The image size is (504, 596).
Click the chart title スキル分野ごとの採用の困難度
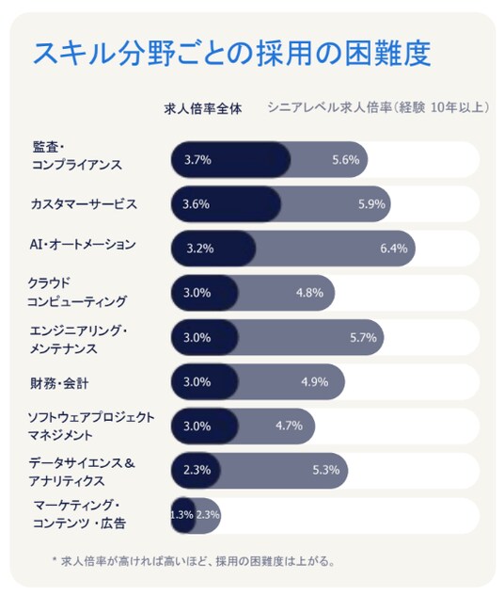tap(232, 54)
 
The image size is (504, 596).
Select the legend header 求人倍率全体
tap(203, 109)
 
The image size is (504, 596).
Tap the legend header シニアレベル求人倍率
tap(329, 107)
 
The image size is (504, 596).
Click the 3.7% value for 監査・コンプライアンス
tap(197, 160)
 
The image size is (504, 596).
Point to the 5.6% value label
tap(346, 160)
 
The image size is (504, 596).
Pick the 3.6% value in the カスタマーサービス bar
tap(196, 204)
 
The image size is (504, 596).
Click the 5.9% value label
tap(371, 204)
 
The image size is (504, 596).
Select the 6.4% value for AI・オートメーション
tap(394, 249)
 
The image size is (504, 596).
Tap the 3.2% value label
tap(200, 249)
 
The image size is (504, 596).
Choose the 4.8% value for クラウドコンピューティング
tap(309, 293)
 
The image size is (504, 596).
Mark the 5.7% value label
tap(363, 337)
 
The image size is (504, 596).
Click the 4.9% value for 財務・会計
tap(315, 381)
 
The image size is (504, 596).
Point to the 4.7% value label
tap(290, 426)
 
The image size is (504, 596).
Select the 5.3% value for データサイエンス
tap(326, 470)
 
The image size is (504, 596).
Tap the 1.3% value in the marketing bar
tap(182, 515)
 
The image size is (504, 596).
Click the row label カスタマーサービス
tap(84, 204)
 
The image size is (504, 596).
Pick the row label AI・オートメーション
tap(83, 244)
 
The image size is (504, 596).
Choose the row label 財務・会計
tap(59, 383)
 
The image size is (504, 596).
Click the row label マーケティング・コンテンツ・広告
tap(79, 514)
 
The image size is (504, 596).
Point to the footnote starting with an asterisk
tap(194, 561)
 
